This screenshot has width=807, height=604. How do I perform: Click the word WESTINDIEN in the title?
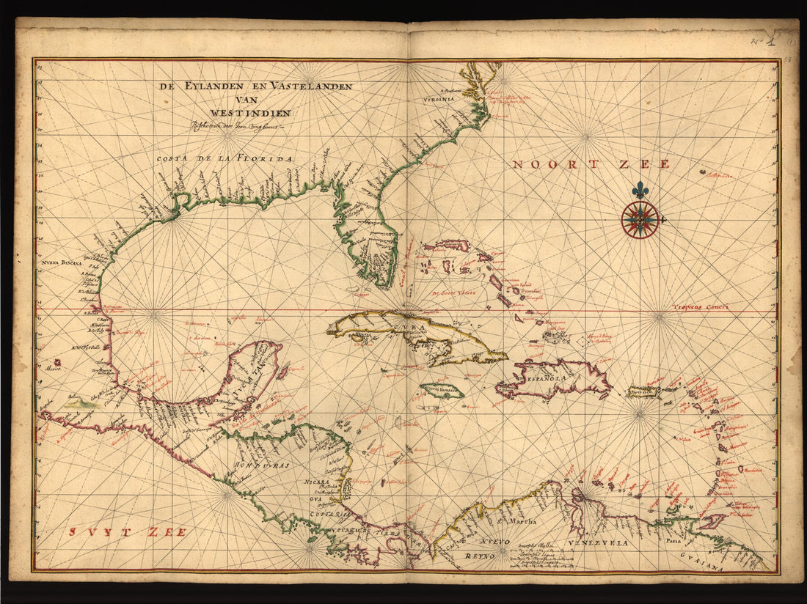(x=250, y=113)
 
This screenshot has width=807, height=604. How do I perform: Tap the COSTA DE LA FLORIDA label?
(x=224, y=158)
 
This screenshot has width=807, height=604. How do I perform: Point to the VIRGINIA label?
(x=439, y=98)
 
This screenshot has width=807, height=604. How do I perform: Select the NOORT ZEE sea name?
(x=591, y=164)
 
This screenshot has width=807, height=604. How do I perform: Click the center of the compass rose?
(x=640, y=219)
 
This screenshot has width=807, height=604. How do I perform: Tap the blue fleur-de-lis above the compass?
(x=641, y=190)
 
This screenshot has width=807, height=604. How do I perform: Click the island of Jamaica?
(x=442, y=391)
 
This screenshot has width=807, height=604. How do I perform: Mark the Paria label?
(x=673, y=542)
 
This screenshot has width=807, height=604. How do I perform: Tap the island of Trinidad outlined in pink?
(x=711, y=522)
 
